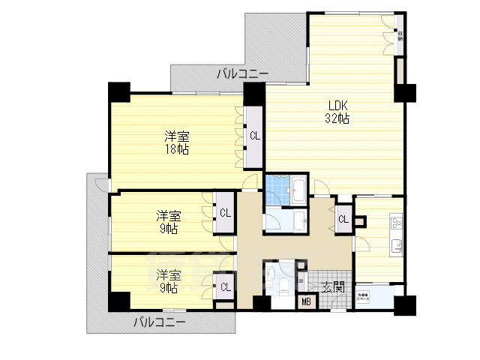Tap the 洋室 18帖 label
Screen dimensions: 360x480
[177, 142]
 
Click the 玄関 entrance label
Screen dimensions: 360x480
[333, 286]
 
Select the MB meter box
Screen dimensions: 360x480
[306, 302]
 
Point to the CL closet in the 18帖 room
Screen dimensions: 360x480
[255, 136]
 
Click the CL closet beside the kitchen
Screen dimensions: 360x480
[343, 219]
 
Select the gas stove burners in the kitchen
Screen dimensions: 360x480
[395, 223]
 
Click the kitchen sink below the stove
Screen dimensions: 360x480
[395, 245]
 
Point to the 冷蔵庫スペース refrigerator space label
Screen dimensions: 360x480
[363, 296]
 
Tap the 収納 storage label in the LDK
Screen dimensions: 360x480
[400, 34]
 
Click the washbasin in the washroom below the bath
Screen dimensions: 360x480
[300, 219]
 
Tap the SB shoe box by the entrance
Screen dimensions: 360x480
[301, 280]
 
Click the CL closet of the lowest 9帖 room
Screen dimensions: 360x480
[224, 286]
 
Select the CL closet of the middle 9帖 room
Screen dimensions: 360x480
[224, 212]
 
